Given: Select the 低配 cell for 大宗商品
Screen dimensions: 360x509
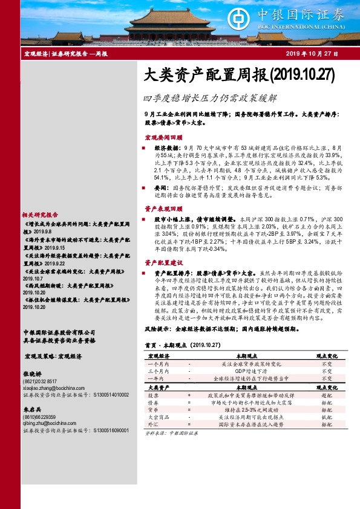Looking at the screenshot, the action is click(327, 434).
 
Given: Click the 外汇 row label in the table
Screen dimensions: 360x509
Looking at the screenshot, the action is click(153, 442).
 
